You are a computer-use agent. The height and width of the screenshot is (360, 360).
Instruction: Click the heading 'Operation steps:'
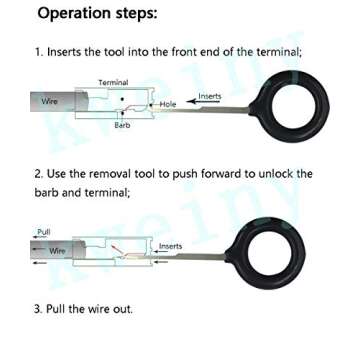(97, 15)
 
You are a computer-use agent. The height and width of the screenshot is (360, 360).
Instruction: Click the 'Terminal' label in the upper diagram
(112, 81)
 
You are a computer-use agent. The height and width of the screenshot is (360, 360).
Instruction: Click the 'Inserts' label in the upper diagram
(209, 96)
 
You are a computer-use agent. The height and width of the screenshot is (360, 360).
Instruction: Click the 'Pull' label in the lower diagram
(44, 231)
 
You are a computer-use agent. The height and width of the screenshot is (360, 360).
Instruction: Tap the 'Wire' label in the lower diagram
(58, 250)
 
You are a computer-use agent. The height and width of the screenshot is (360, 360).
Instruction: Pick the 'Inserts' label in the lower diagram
(170, 245)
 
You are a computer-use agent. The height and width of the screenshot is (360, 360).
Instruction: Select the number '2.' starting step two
(39, 174)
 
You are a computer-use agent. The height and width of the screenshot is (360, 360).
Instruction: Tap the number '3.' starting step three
(39, 308)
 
